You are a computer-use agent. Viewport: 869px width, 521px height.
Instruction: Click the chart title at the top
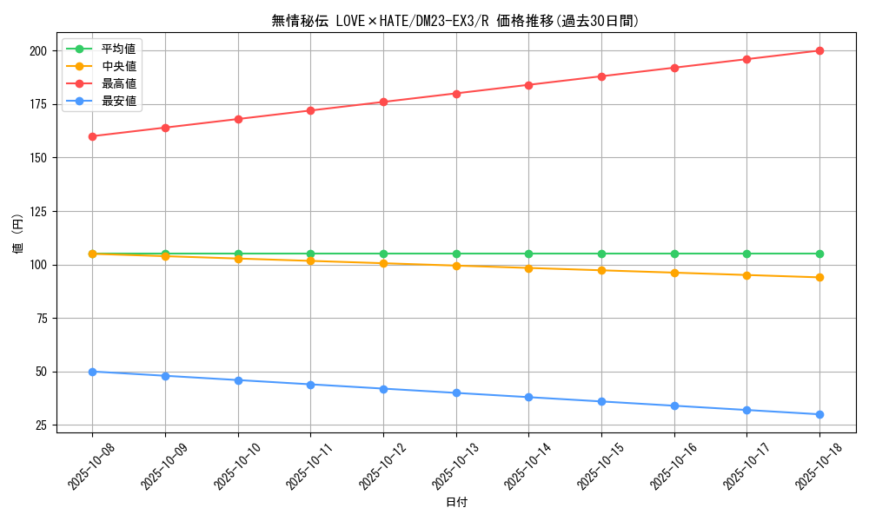[455, 21]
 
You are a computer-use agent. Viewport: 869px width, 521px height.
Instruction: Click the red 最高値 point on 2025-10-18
[819, 50]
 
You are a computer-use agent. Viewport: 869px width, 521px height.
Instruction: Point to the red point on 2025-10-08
[92, 136]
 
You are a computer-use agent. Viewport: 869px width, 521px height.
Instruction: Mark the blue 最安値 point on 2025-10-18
[819, 414]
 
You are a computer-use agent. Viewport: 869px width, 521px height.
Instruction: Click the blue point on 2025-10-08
[92, 372]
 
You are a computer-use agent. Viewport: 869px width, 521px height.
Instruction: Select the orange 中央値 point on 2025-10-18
[819, 277]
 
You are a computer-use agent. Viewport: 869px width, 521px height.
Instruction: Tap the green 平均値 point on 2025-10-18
[819, 254]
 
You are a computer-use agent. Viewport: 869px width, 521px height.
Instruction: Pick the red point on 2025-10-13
[456, 93]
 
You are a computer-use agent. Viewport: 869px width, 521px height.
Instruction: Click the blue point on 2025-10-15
[601, 401]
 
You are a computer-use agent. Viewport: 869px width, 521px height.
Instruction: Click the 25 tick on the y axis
[40, 425]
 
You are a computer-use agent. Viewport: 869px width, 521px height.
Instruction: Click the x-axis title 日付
[456, 503]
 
